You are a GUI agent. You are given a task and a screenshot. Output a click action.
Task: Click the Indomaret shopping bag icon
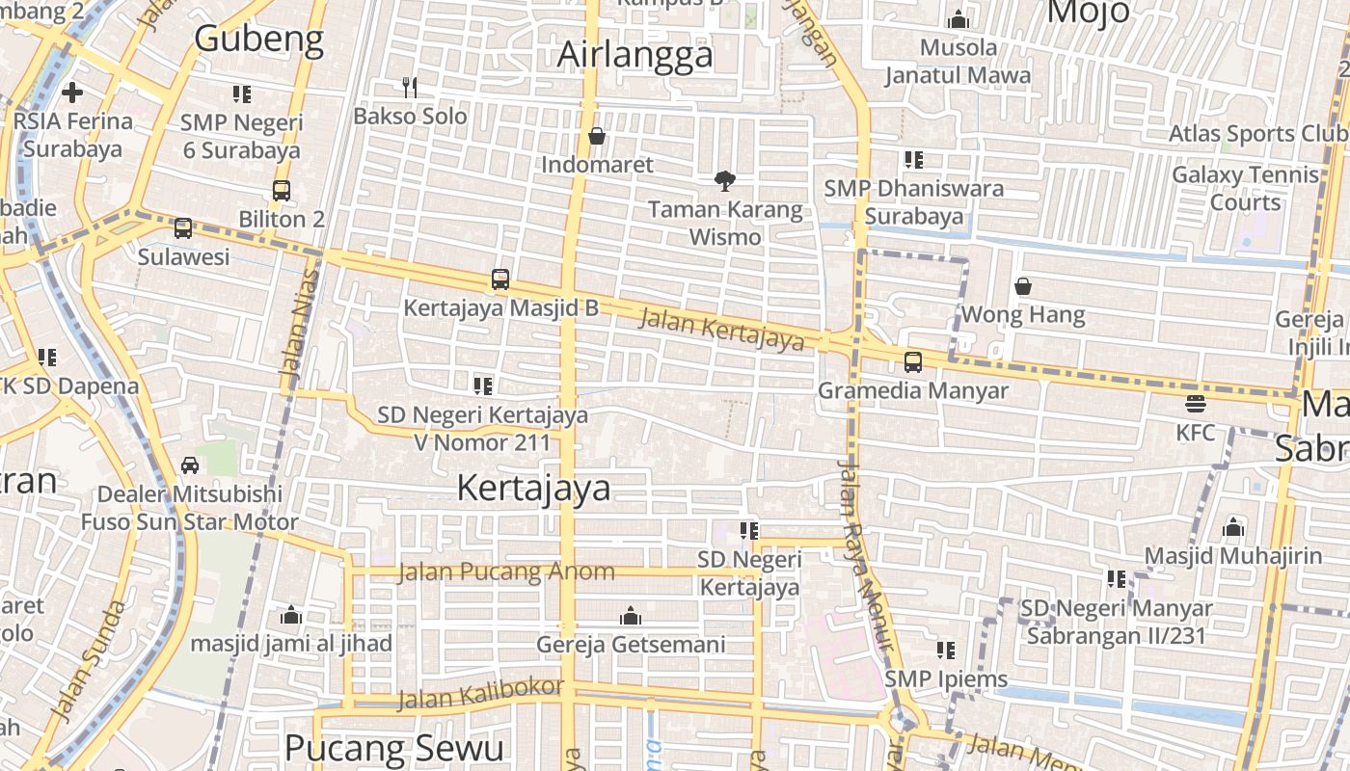point(597,136)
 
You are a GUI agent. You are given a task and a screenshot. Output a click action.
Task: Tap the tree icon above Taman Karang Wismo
point(725,180)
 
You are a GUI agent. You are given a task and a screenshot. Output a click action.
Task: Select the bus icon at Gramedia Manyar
point(912,362)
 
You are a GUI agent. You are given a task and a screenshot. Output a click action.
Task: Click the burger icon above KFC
point(1196,404)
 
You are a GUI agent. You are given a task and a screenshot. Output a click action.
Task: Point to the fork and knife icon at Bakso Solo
point(411,88)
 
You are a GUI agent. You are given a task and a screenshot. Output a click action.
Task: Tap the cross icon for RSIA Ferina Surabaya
point(72,93)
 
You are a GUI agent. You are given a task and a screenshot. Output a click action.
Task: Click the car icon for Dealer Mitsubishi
point(190,465)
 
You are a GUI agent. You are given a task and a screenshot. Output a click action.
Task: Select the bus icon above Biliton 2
point(282,191)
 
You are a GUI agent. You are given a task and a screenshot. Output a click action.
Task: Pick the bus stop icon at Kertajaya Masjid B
point(500,279)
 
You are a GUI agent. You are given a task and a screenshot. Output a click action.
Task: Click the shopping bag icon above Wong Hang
point(1023,286)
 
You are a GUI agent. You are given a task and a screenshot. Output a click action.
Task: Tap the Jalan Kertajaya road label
point(721,330)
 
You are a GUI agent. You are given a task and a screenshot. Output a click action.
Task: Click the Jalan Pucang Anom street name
point(506,572)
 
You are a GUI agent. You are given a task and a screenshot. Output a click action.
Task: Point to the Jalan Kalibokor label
point(480,693)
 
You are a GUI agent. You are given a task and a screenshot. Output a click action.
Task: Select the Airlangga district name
point(635,55)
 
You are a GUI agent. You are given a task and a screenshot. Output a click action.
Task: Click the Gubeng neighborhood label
point(259,39)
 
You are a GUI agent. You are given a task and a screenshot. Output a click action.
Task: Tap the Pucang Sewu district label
point(394,748)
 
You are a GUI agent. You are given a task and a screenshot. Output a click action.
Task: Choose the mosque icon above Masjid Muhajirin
point(1232,527)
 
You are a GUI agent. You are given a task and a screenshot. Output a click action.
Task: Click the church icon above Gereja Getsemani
point(631,616)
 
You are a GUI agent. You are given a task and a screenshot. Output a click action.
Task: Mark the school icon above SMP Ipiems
point(946,651)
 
